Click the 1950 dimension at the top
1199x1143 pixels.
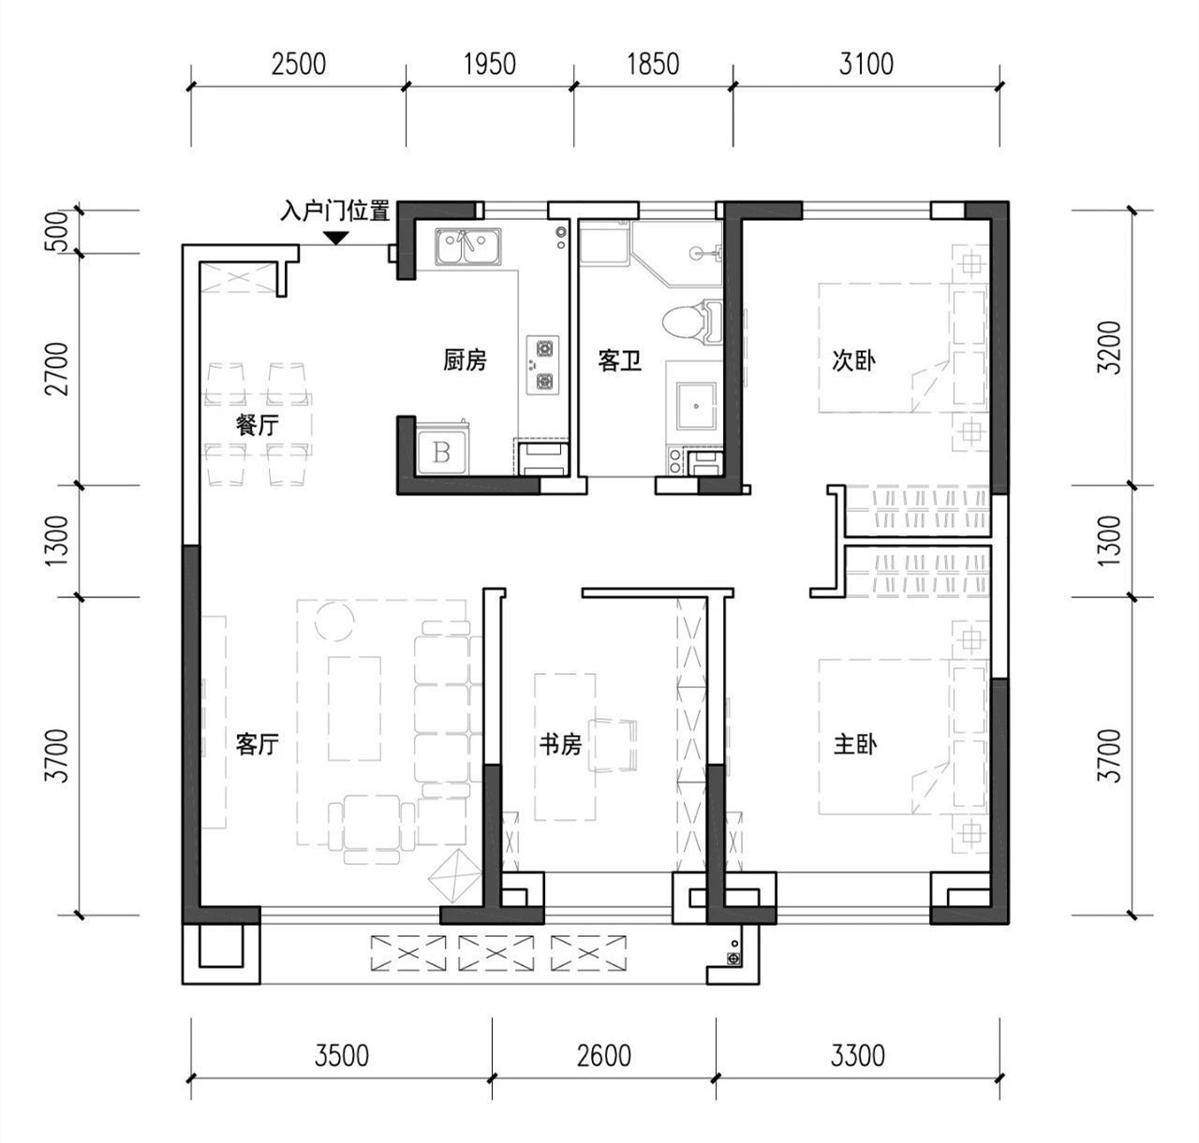point(489,64)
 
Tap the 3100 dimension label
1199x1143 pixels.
point(866,64)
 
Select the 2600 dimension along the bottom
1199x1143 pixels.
point(604,1055)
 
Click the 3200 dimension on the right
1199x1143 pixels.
point(1109,347)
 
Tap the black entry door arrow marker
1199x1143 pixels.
point(335,238)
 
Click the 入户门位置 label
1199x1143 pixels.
point(334,212)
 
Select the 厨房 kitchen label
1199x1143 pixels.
point(465,359)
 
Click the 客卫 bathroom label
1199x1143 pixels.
point(619,360)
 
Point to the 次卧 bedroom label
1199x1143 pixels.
point(853,360)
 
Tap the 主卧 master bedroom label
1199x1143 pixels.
point(855,744)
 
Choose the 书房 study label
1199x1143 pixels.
point(560,744)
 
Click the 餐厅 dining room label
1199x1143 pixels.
point(258,424)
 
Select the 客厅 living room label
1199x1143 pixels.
point(258,744)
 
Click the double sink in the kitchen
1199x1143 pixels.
point(467,247)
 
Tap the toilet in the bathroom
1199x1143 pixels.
point(692,321)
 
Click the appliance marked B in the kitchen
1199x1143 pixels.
point(441,452)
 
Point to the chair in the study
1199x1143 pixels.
point(613,745)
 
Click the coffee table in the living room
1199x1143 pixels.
point(354,709)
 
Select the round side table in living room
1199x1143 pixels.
point(334,620)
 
